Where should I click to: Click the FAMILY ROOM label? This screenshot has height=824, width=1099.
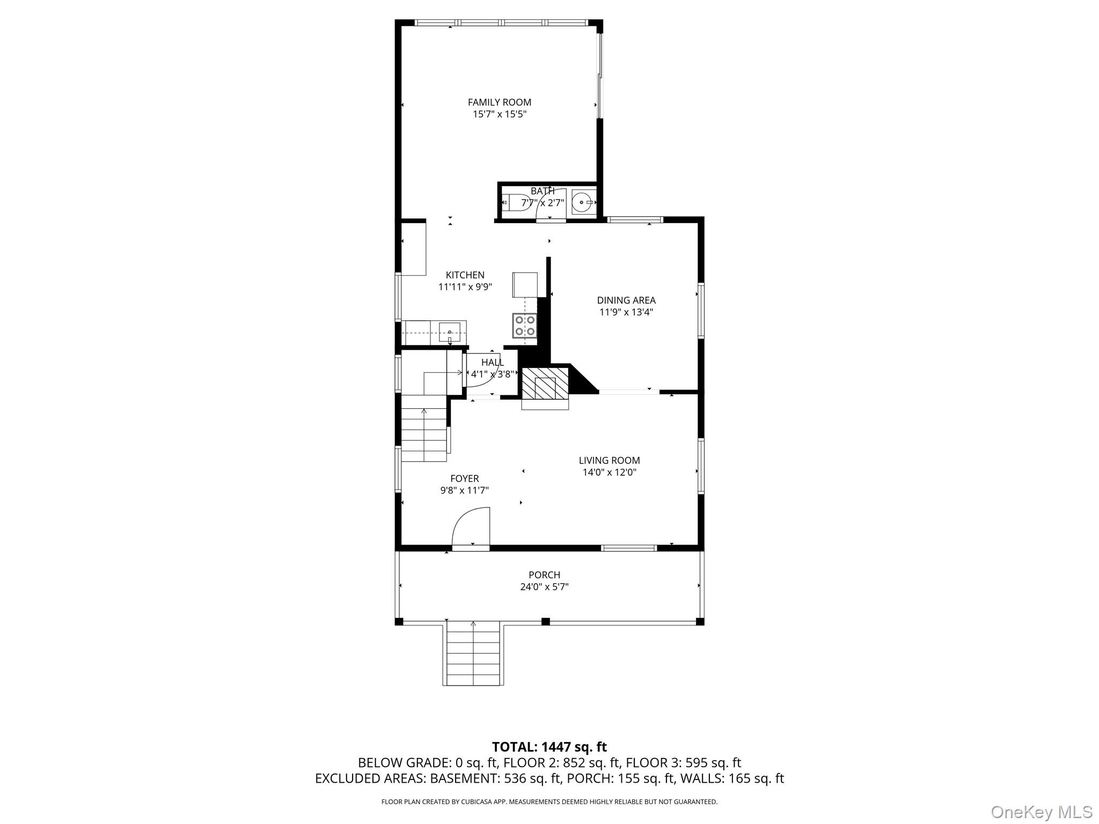(x=499, y=102)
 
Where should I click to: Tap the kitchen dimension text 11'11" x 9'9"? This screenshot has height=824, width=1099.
(x=465, y=287)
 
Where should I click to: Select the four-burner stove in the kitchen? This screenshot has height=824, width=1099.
(x=525, y=326)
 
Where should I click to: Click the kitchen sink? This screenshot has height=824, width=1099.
(x=449, y=333)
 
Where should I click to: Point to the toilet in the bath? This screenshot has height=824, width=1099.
(x=515, y=203)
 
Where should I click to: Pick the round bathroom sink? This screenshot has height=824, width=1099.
(x=582, y=202)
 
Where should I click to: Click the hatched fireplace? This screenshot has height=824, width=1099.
(x=545, y=383)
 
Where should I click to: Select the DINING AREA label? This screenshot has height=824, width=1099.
(x=626, y=300)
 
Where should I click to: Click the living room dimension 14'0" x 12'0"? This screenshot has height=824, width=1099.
(x=609, y=472)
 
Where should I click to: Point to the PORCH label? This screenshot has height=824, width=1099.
(x=544, y=575)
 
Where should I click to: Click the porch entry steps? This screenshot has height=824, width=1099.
(x=473, y=654)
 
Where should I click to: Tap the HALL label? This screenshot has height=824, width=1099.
(x=492, y=363)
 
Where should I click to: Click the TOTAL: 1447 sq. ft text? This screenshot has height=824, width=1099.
(x=549, y=747)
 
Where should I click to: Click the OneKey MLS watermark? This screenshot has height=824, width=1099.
(x=1041, y=812)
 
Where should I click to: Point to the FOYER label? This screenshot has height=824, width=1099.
(x=464, y=479)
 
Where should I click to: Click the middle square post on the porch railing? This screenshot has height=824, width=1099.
(x=545, y=621)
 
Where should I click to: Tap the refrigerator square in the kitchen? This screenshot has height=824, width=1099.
(x=525, y=284)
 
